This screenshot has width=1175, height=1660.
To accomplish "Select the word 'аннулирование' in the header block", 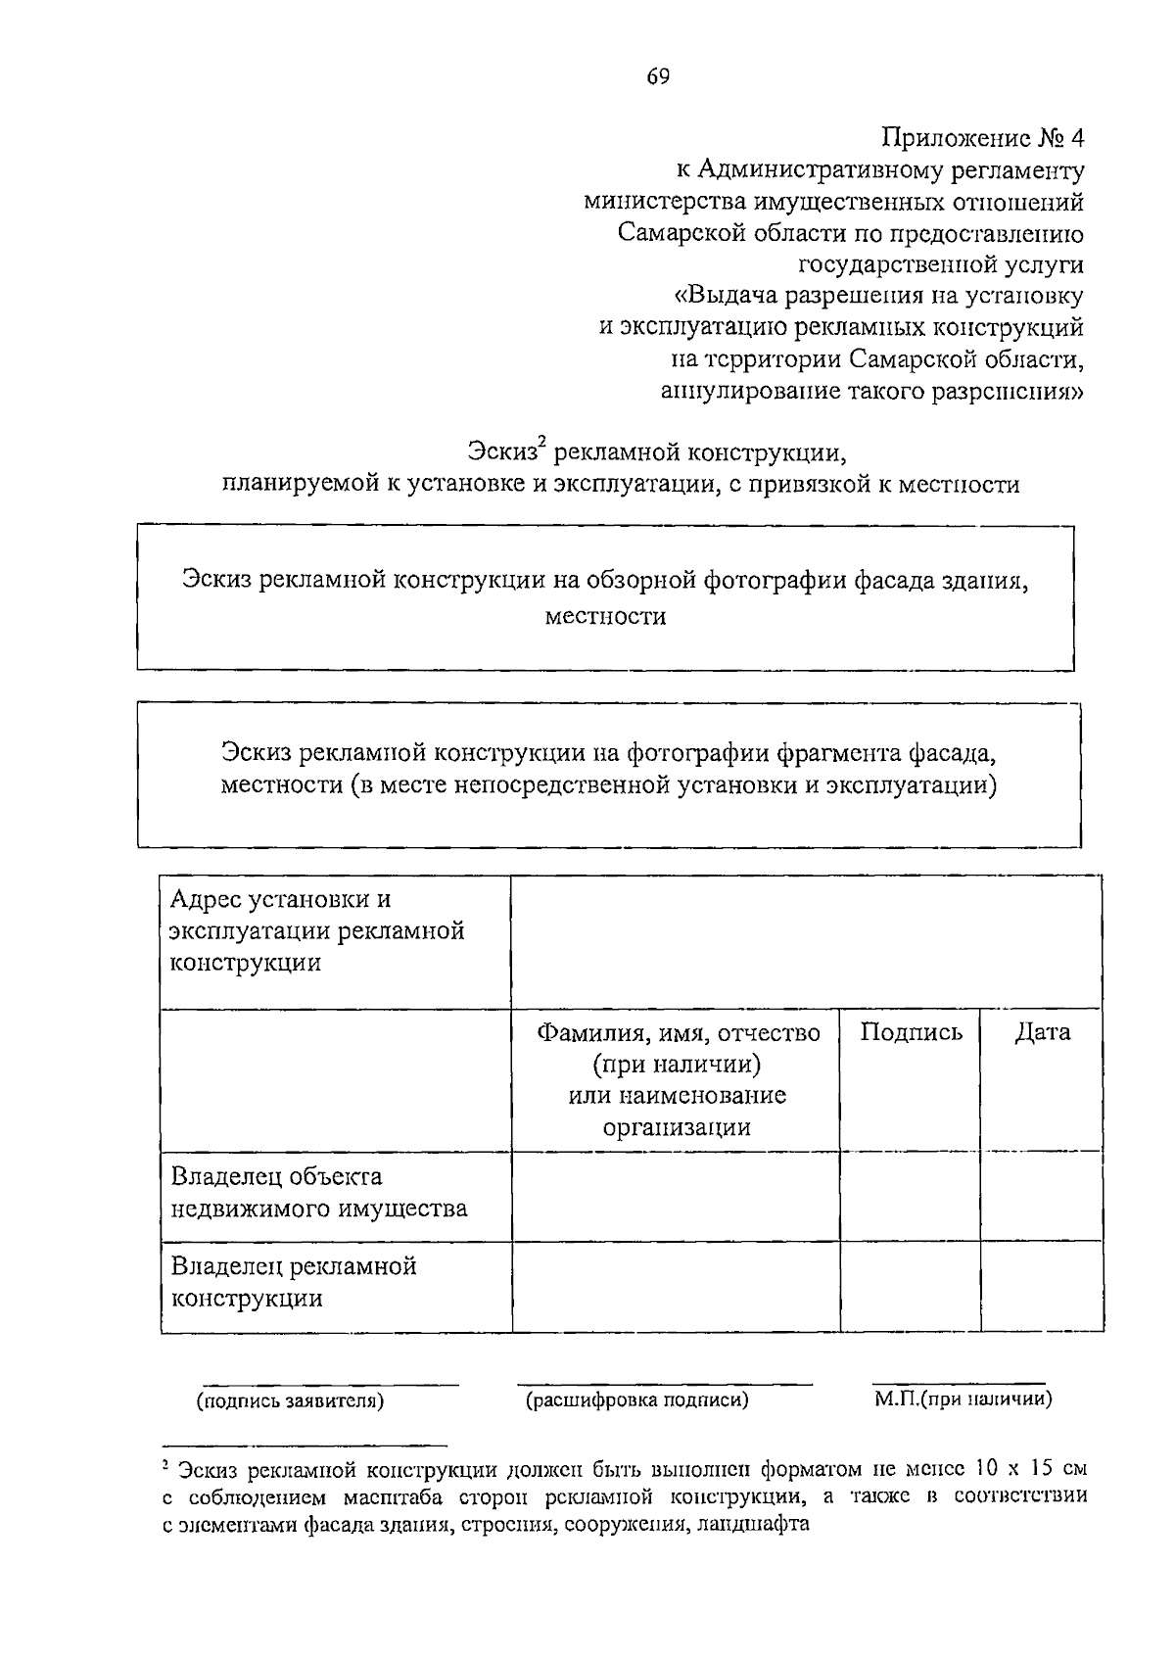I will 740,392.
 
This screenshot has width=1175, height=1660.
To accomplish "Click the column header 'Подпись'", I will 911,1032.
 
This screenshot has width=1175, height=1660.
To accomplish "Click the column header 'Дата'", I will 1042,1032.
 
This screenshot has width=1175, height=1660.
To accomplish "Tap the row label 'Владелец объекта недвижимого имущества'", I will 319,1193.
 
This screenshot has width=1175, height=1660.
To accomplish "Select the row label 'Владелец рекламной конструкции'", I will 294,1282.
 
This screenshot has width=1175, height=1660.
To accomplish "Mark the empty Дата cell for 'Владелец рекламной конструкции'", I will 1042,1287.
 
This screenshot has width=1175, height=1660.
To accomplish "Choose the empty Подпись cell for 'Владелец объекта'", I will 911,1197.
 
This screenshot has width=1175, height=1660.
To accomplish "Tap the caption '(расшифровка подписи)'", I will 637,1400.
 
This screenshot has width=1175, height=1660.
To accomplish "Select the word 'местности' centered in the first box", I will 605,617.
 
